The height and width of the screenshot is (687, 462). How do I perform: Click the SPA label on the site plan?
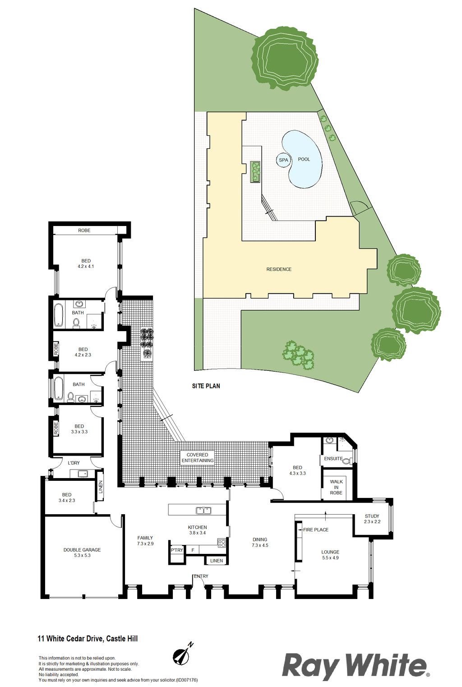point(283,160)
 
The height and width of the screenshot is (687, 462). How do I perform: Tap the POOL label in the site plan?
point(304,159)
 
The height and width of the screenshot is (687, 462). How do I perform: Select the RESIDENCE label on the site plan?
point(279,269)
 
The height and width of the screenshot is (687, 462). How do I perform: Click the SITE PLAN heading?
point(206,386)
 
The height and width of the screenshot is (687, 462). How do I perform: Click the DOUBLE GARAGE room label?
point(82,550)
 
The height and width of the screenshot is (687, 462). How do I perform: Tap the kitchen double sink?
point(203,511)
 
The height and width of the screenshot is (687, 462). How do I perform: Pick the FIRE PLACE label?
point(316,530)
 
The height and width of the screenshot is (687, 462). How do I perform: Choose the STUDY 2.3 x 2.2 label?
point(372,519)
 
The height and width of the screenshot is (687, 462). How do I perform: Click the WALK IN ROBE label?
point(336,487)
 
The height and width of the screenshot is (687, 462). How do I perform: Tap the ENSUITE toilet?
point(347,461)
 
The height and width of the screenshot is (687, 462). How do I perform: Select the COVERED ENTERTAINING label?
point(198,457)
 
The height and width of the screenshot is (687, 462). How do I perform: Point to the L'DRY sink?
point(82,474)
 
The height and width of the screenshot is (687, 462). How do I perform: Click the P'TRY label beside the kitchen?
point(177,550)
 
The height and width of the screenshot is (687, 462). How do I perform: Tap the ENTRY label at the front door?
point(201,576)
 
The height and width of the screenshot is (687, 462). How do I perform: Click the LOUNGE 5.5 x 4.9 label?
point(330,555)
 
